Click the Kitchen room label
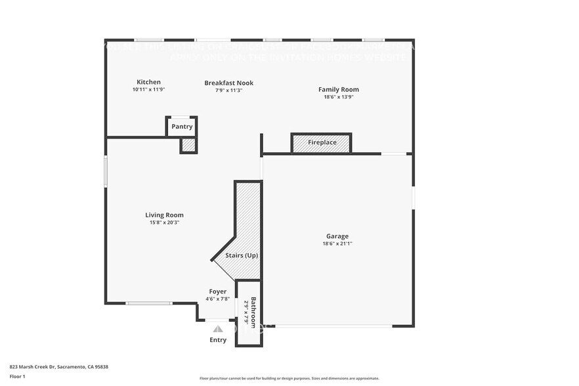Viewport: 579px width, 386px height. click(x=148, y=82)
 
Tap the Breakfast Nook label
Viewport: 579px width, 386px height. click(x=228, y=83)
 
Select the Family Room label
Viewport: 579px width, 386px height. click(x=339, y=89)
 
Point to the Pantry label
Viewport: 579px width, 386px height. click(x=182, y=127)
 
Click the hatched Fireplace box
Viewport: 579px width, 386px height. click(x=322, y=143)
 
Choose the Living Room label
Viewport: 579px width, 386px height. click(x=164, y=215)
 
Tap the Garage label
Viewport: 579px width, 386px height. click(x=337, y=236)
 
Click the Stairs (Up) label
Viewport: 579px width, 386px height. click(x=242, y=255)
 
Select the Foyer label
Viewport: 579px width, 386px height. click(x=218, y=291)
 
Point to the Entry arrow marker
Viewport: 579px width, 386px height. click(x=218, y=328)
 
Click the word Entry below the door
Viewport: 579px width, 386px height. click(x=218, y=340)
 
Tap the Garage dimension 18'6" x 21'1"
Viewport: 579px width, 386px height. click(x=337, y=244)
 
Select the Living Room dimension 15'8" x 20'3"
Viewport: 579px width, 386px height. click(x=164, y=223)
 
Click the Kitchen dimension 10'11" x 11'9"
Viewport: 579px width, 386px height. click(x=148, y=89)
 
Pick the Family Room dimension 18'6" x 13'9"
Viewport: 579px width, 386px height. click(x=339, y=96)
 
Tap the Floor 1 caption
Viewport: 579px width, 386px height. click(x=17, y=376)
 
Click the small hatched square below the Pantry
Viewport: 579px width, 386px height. click(x=188, y=145)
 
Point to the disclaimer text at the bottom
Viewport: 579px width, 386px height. click(x=289, y=378)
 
